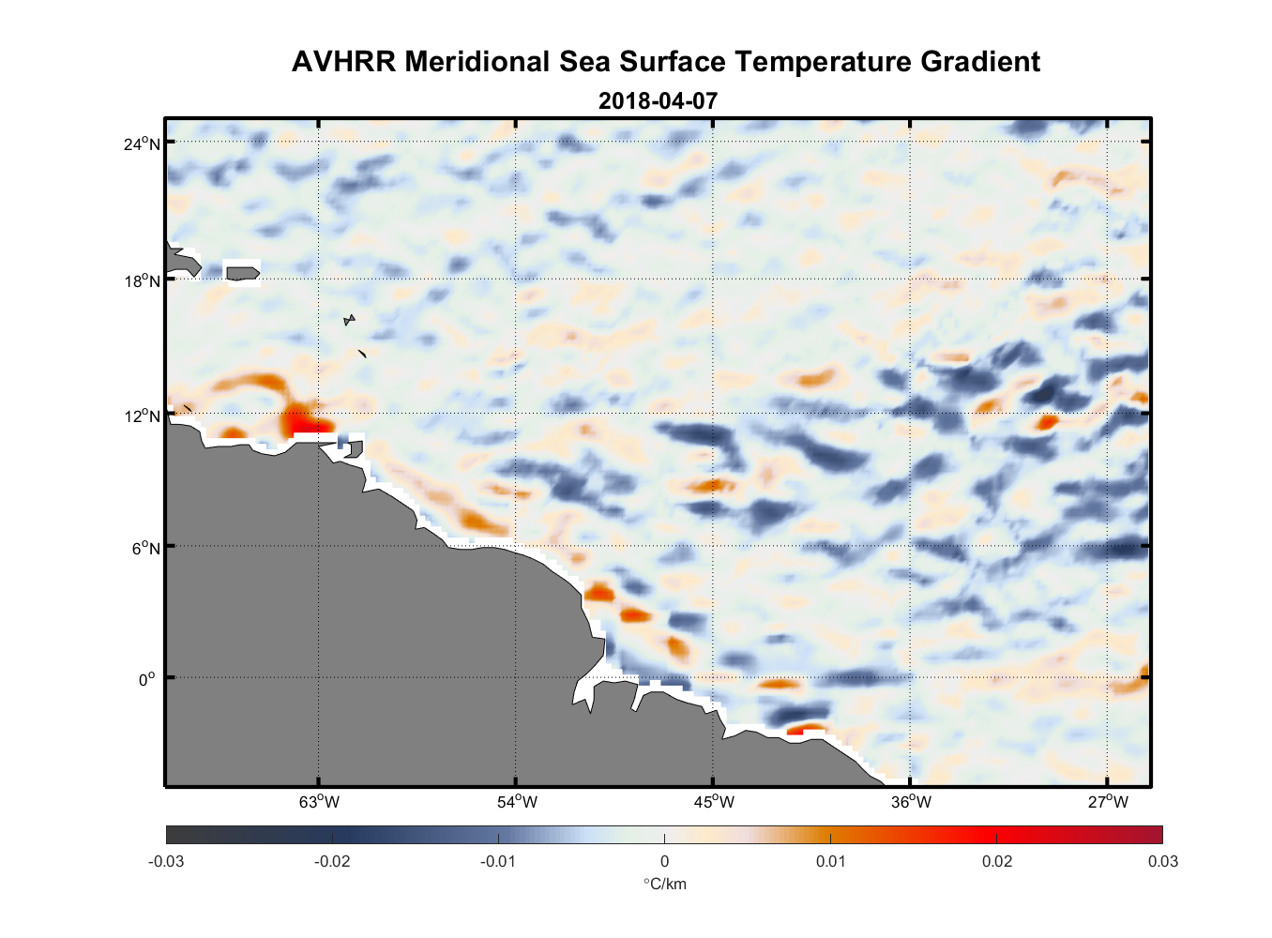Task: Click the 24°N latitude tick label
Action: tap(142, 144)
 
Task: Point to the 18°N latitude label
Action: tap(142, 280)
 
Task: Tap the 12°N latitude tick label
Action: tap(142, 416)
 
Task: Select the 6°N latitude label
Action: tap(145, 548)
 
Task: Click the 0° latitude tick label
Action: tap(147, 679)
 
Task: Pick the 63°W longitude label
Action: tap(319, 802)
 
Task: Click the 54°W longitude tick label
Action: tap(517, 802)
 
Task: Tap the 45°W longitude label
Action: tap(714, 802)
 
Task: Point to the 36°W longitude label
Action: tap(911, 802)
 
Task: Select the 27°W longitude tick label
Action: tap(1108, 802)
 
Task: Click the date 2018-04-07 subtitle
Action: tap(658, 100)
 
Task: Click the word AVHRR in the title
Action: tap(343, 62)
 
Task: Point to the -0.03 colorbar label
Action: tap(166, 861)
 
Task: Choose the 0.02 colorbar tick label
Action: tap(996, 861)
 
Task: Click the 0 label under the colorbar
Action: tap(664, 861)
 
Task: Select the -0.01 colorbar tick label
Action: tap(498, 861)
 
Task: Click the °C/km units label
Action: tap(664, 884)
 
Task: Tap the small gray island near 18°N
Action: tap(242, 273)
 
